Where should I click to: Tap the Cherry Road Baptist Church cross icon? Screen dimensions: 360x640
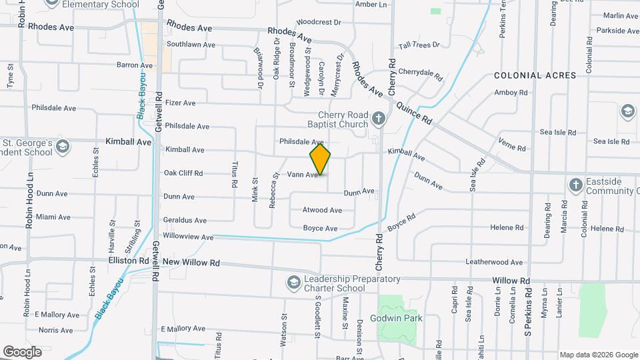click(379, 120)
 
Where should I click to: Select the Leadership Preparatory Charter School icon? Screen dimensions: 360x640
click(293, 284)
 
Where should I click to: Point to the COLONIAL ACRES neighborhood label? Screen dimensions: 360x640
click(535, 76)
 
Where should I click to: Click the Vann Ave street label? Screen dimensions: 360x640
click(302, 175)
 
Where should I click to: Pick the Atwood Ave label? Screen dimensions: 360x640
click(322, 210)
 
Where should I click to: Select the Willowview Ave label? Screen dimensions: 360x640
click(188, 237)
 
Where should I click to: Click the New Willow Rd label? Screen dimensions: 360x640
click(191, 263)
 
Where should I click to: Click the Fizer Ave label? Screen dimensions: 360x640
click(180, 103)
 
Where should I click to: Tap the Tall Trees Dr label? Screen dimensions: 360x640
click(419, 45)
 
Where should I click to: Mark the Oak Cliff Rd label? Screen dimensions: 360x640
click(183, 173)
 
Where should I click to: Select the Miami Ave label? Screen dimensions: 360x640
click(53, 217)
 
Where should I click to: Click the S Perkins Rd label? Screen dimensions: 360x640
click(527, 312)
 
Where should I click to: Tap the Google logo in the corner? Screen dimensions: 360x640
click(23, 351)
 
